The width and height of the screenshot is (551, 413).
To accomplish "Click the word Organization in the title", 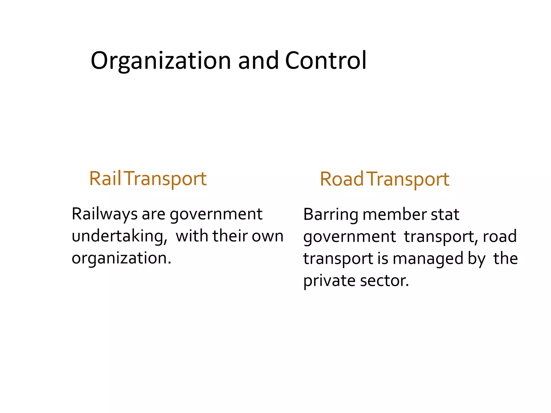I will [161, 61].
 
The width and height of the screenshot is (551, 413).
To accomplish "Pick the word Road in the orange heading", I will [341, 179].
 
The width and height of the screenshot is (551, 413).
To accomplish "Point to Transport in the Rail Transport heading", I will [165, 179].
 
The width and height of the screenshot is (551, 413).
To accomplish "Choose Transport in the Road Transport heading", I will [408, 180].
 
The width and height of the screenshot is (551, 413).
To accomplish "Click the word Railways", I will [105, 214].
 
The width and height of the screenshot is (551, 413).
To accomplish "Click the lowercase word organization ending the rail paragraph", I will [121, 258].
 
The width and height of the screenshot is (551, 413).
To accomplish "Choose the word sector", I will [384, 281].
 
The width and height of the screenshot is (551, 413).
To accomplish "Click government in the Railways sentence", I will [216, 215].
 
